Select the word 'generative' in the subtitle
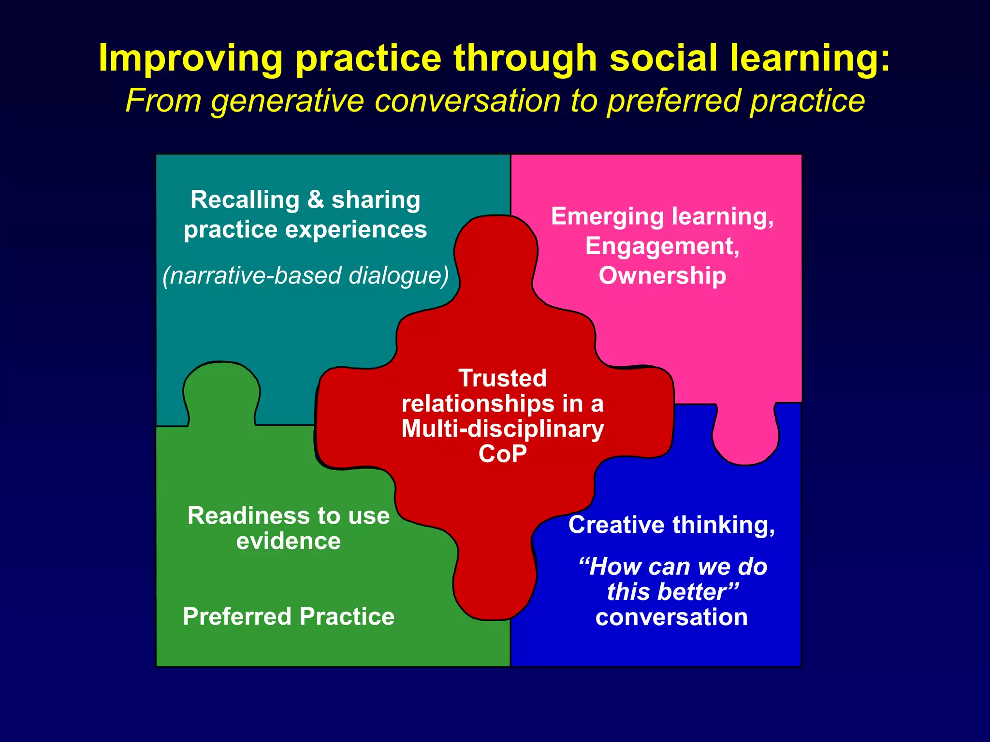287,101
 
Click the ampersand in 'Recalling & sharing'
315,200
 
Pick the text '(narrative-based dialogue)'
306,276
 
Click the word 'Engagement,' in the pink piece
662,246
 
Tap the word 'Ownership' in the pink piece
662,276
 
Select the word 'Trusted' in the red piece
502,378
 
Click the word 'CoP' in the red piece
502,454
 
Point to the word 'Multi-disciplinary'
502,429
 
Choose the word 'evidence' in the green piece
289,541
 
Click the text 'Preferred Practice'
289,617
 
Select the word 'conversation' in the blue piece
671,617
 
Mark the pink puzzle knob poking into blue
745,437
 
